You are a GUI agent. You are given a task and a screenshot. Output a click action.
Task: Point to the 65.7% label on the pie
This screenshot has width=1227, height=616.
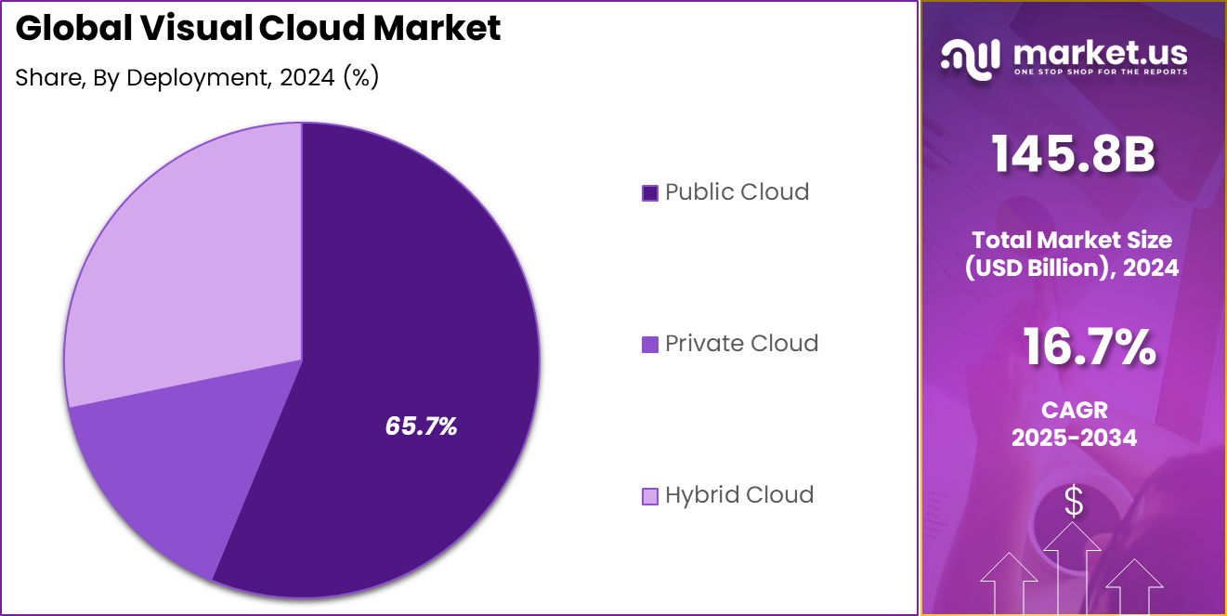[x=421, y=426]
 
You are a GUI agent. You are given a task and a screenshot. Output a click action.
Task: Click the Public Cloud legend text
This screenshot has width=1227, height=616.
[x=737, y=192]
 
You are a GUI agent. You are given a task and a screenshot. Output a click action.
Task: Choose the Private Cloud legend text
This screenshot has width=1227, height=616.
[x=741, y=344]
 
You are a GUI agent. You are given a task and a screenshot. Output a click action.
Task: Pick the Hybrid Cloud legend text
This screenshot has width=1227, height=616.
[x=739, y=495]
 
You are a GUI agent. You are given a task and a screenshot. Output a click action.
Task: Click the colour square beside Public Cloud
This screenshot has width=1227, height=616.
[x=650, y=193]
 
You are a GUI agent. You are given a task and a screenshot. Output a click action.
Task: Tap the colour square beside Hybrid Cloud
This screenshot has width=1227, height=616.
[x=650, y=496]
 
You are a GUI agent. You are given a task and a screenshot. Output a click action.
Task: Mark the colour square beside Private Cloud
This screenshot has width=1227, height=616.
[x=650, y=345]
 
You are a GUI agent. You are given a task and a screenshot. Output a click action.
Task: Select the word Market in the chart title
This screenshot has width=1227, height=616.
[x=437, y=29]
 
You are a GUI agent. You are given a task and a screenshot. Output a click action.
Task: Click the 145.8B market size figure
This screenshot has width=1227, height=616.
[x=1073, y=154]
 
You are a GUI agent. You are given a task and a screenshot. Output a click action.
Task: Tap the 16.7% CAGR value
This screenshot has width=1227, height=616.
[x=1089, y=347]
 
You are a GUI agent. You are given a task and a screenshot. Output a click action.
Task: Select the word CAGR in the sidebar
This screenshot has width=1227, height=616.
[x=1074, y=410]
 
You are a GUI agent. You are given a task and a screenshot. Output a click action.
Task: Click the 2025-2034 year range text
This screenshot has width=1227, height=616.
[x=1074, y=438]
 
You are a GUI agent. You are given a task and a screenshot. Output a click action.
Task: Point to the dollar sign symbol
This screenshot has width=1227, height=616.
[x=1074, y=503]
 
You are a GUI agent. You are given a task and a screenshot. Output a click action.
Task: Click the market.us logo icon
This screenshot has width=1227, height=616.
[x=970, y=56]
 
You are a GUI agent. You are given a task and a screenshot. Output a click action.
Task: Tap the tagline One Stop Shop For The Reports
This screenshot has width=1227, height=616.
[x=1100, y=72]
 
